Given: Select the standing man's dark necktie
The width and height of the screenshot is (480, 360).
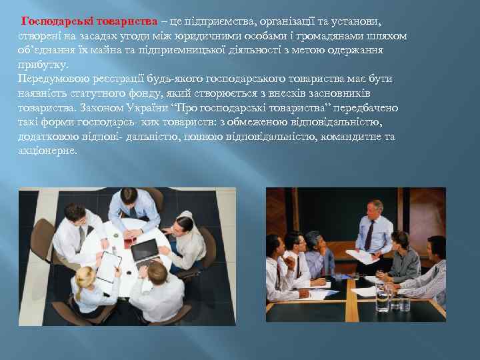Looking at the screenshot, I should pos(369,235).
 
